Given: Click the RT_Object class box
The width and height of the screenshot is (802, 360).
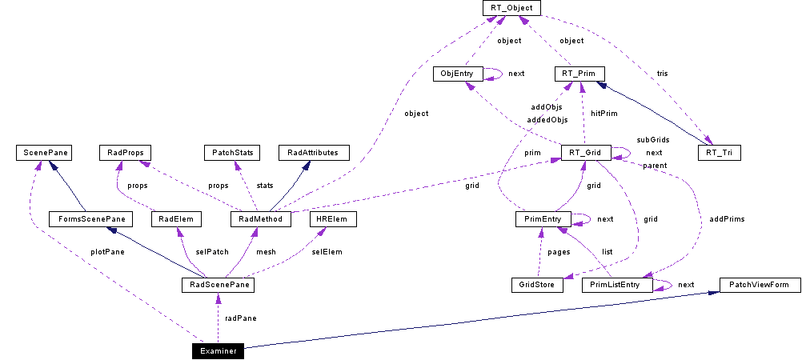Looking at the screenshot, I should [512, 8].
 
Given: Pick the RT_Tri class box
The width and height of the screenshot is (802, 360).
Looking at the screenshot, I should [719, 152].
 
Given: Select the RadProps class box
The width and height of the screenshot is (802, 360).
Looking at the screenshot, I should [124, 152].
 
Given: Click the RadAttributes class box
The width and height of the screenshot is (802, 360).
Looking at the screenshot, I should [313, 152].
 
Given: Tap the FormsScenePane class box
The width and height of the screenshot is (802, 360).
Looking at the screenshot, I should [88, 218].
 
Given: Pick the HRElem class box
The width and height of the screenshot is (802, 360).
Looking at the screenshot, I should [331, 218].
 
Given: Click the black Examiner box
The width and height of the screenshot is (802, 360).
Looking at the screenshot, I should [218, 350].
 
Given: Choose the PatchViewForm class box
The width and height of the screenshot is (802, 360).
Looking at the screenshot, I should [760, 284].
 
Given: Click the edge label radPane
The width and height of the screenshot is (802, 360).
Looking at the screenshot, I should [240, 318].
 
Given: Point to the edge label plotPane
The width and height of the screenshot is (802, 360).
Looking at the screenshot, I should [107, 251].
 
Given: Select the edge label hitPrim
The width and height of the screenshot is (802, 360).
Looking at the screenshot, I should [604, 114].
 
